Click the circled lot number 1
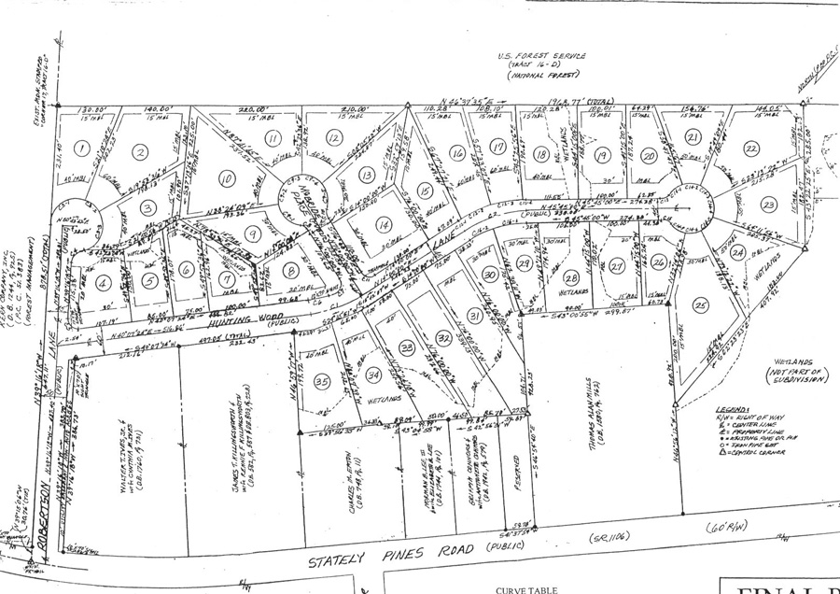click(82, 148)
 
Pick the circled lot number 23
click(768, 205)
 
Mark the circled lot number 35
click(322, 381)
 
